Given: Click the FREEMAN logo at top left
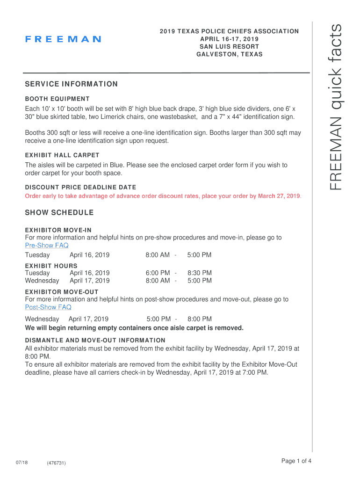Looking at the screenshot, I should point(63,39).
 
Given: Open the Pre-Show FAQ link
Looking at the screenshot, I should point(47,245).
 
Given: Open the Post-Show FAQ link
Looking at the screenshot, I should point(48,307).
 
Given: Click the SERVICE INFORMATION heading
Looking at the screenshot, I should point(71,84).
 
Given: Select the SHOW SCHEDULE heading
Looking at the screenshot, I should point(59,213).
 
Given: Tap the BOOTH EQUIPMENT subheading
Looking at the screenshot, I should point(57,99).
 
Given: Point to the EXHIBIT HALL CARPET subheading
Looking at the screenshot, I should point(62,155).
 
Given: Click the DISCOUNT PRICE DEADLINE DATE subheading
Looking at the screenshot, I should point(80,188).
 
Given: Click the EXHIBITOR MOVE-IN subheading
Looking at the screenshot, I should point(58,230).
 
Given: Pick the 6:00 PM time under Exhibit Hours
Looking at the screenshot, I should point(158,273).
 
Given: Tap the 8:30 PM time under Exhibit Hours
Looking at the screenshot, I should point(200,273).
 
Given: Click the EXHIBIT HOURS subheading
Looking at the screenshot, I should point(51,266).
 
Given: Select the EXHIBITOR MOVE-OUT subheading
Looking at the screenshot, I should point(62,292).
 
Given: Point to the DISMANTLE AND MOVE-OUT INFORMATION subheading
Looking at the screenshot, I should point(95,341).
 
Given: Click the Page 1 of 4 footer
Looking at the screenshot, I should point(296,461).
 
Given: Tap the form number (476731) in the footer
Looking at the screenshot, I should point(56,463).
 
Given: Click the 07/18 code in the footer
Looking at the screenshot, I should point(21,463).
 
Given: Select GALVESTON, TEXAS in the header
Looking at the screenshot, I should point(229,54).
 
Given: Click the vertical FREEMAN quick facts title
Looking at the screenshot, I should point(336,108).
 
